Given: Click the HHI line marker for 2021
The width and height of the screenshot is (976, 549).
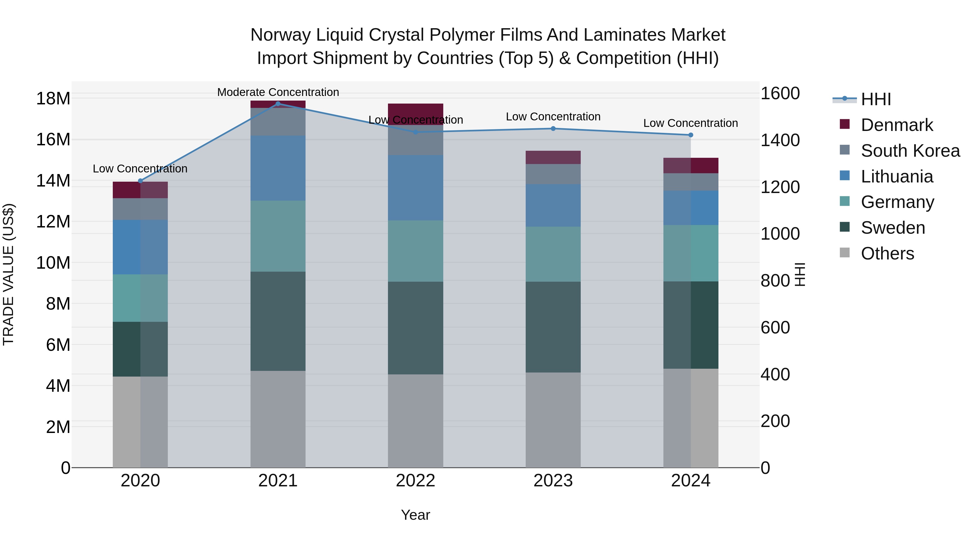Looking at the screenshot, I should click(x=278, y=104).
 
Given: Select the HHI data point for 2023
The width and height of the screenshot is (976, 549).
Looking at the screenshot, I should click(x=553, y=129).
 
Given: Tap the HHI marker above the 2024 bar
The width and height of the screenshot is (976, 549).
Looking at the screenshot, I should click(x=690, y=135).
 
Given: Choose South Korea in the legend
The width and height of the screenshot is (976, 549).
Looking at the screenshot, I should click(x=910, y=151).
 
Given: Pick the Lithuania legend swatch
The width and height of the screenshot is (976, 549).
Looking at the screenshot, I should click(x=845, y=176).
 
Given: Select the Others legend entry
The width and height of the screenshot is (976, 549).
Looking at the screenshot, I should click(x=887, y=253).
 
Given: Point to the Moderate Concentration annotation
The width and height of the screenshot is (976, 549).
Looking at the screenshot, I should click(x=278, y=92).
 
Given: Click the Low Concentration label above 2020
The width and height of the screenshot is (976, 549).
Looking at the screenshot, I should click(x=140, y=169).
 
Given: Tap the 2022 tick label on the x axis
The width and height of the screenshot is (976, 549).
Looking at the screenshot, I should click(x=415, y=481).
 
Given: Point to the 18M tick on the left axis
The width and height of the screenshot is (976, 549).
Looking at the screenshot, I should click(x=53, y=98).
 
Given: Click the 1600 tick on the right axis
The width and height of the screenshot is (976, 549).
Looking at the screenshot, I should click(x=780, y=94).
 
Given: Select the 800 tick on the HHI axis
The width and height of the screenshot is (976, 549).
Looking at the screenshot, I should click(x=775, y=281).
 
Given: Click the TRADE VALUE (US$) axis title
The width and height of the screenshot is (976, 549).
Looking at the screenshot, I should click(x=8, y=274).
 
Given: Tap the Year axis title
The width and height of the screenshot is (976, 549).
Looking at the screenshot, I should click(x=415, y=515).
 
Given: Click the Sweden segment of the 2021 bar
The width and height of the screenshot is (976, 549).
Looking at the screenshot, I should click(x=278, y=321).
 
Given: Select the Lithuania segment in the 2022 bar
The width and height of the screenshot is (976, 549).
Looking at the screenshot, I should click(x=415, y=188).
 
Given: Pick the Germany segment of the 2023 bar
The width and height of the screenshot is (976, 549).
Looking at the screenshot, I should click(x=553, y=254).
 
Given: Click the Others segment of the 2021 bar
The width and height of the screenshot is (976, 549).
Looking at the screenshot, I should click(x=278, y=419).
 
